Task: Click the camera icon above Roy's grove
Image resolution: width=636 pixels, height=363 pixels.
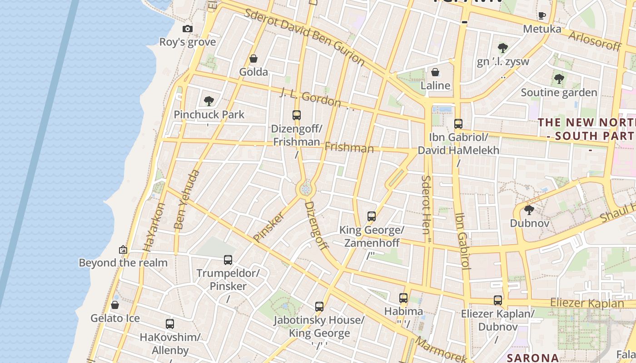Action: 187,29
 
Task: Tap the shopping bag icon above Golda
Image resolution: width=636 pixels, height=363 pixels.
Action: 253,59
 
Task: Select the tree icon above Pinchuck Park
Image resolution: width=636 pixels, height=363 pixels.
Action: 209,101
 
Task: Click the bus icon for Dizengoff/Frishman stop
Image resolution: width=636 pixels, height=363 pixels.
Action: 297,115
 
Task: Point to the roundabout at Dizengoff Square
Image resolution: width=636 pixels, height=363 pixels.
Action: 306,188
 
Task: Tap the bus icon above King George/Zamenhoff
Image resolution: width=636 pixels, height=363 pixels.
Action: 372,216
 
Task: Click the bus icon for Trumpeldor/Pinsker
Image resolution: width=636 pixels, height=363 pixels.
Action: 228,260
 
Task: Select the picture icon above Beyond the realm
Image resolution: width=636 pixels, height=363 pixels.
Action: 123,250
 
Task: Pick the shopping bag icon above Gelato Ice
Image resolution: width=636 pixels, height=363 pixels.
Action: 115,305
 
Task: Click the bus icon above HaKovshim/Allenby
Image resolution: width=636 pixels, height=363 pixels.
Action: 170,324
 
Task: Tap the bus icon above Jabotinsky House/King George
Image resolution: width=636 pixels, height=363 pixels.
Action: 319,307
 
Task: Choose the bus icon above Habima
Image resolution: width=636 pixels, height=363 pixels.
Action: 403,298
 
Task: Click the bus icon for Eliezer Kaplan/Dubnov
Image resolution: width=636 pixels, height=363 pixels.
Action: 498,300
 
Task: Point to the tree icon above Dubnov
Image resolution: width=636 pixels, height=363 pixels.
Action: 529,210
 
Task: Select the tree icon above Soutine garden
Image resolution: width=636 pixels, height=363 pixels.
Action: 559,79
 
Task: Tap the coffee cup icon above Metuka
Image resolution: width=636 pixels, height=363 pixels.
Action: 542,16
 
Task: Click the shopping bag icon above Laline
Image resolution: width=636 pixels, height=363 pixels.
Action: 435,72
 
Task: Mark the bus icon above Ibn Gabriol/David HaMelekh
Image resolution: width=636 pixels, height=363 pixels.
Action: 458,123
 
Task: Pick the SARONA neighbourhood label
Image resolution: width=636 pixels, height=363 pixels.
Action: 532,358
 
